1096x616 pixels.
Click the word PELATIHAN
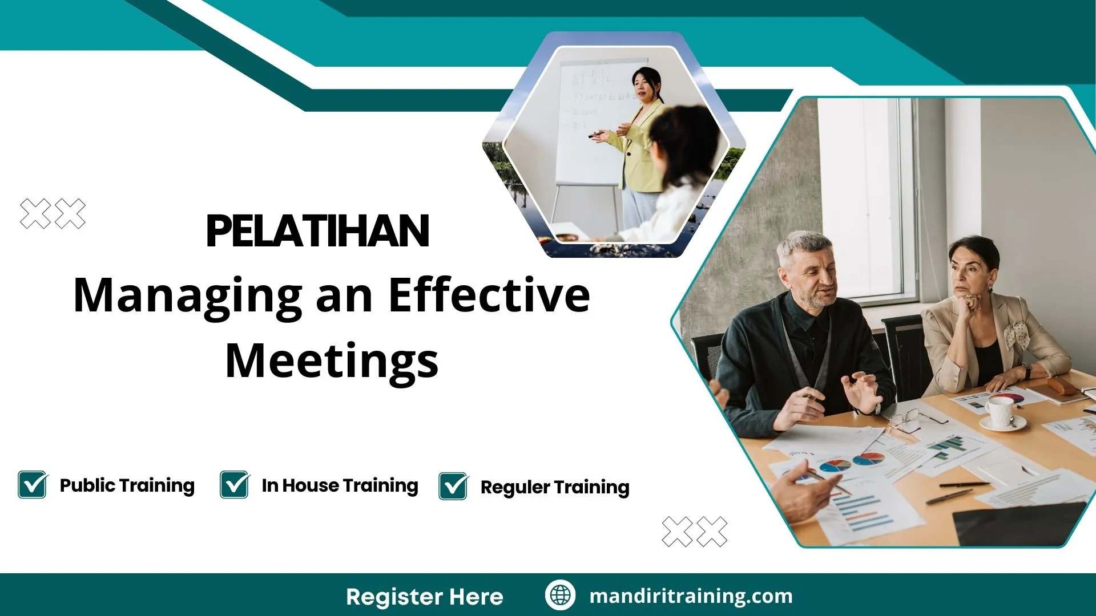(317, 231)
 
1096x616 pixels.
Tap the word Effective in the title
(489, 295)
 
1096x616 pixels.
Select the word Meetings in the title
(332, 360)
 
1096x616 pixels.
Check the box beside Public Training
(32, 485)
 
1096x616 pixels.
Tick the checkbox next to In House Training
(234, 485)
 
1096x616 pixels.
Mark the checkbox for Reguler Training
(453, 487)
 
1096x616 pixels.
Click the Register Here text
(424, 597)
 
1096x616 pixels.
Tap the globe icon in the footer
(559, 595)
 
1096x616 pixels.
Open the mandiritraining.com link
(691, 596)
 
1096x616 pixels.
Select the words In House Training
(340, 485)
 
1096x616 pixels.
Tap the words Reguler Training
(554, 487)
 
